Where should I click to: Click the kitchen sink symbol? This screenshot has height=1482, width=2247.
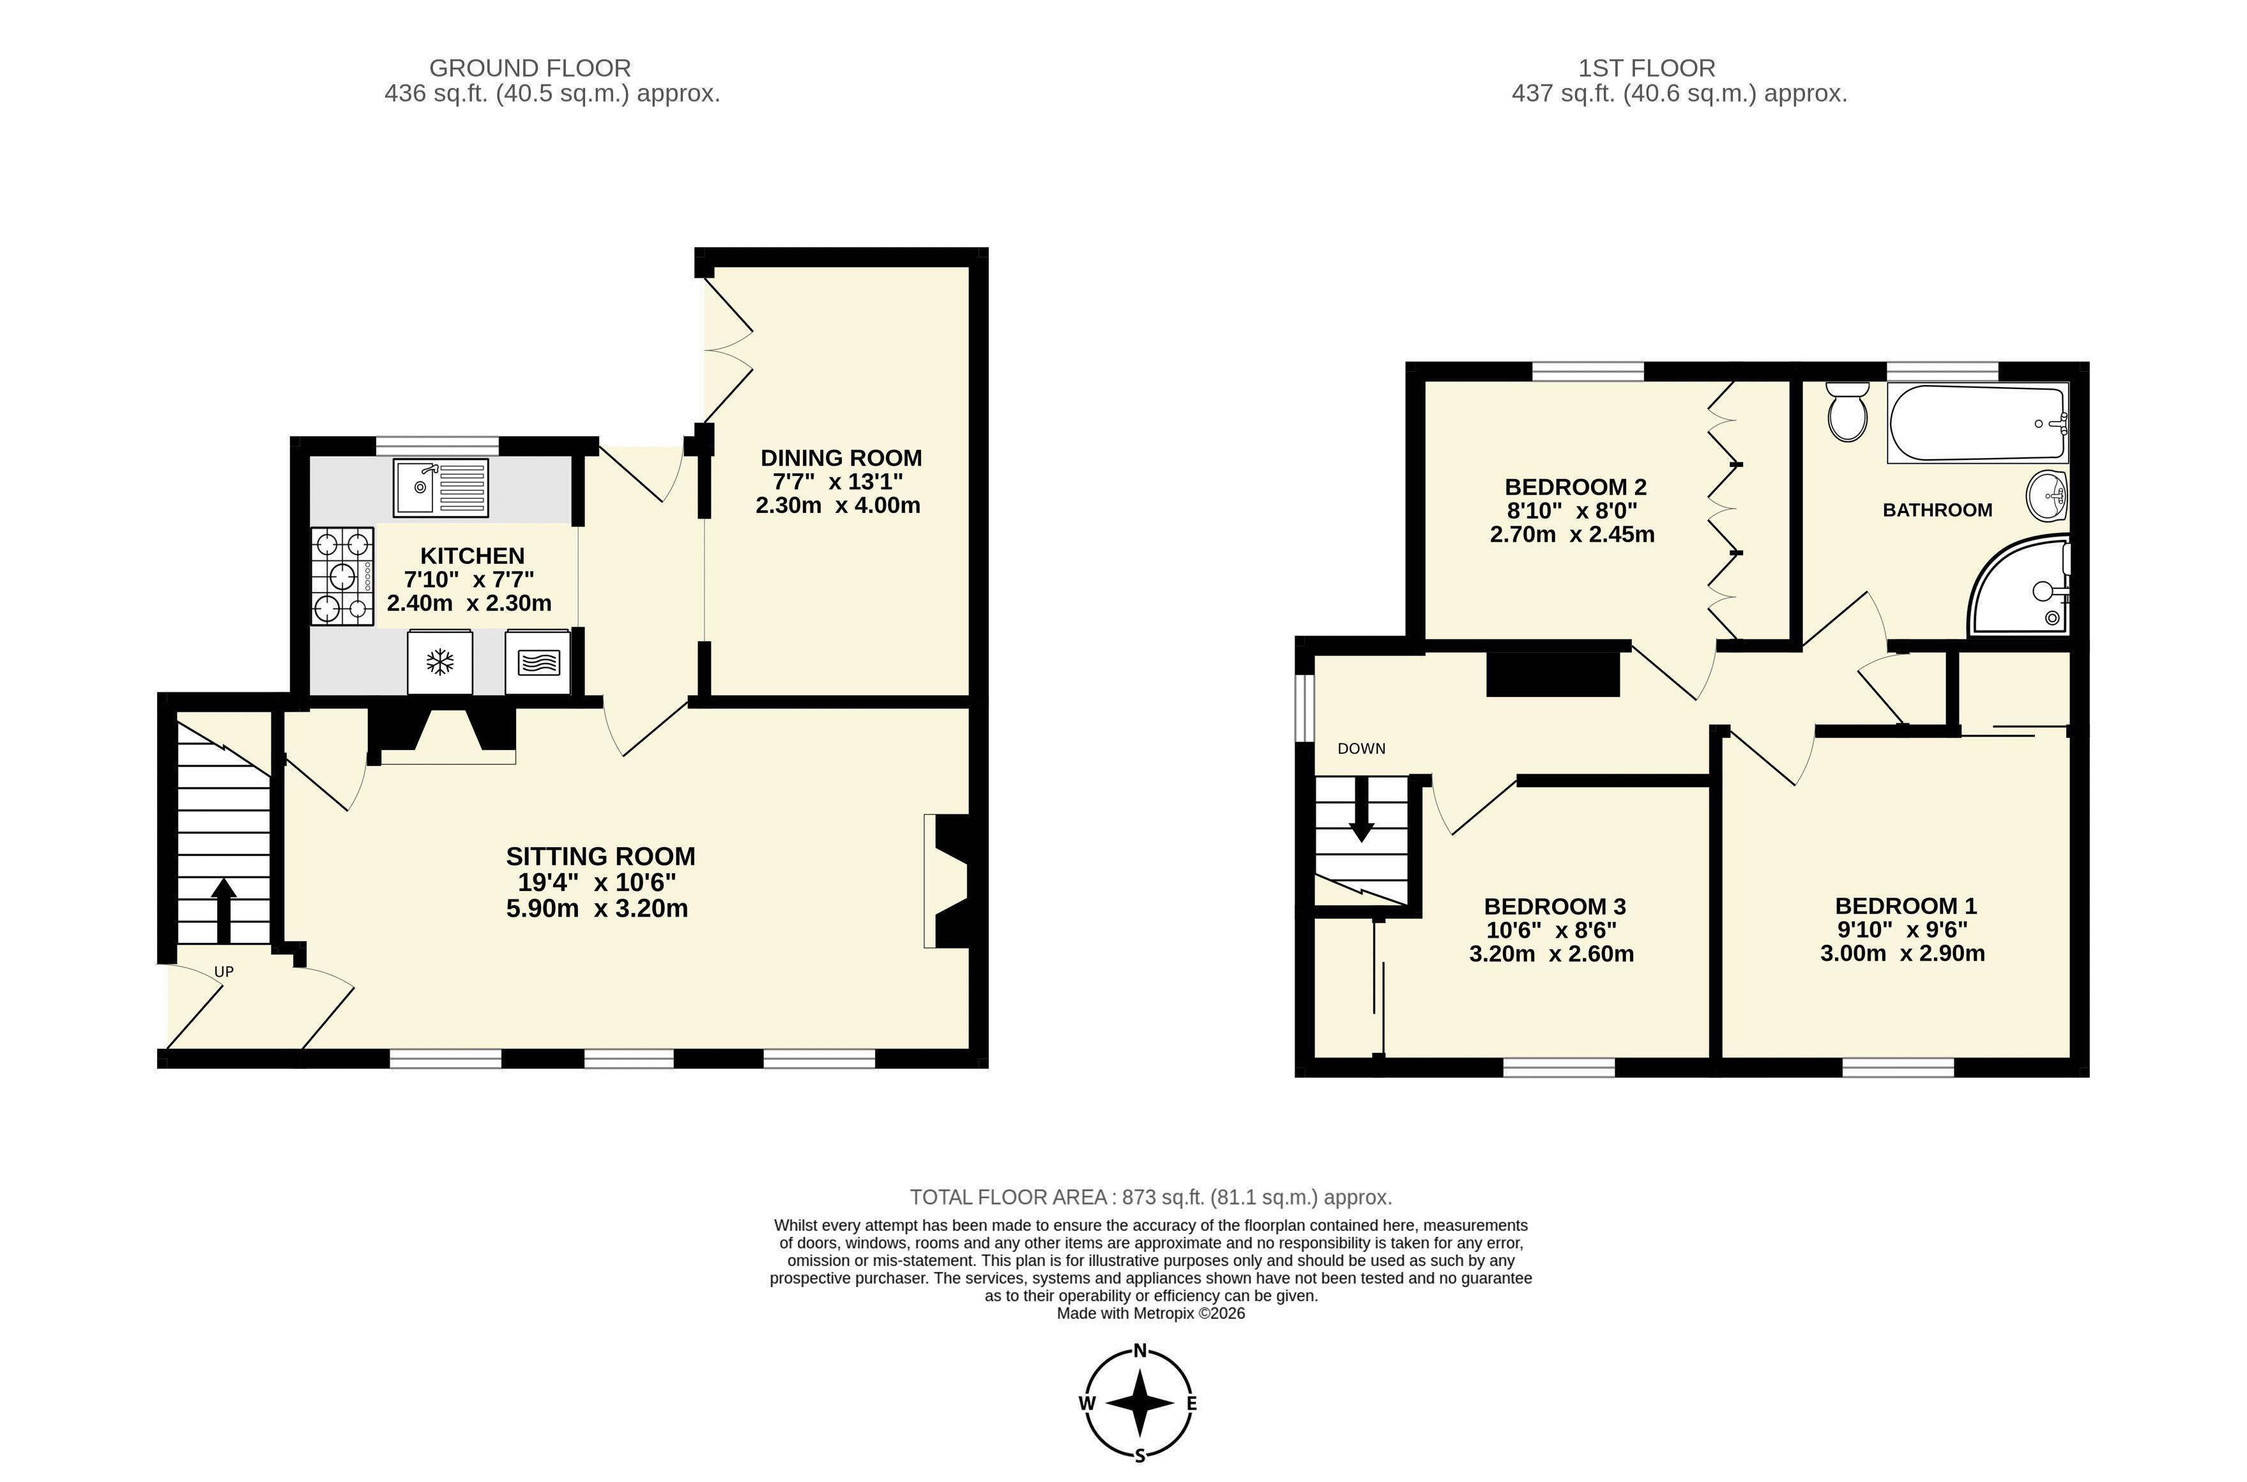pos(441,487)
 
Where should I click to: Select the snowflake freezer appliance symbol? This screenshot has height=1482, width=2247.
pos(439,662)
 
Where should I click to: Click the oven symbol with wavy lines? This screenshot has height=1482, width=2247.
pos(538,662)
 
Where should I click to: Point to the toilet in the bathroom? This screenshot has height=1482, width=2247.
pos(1847,411)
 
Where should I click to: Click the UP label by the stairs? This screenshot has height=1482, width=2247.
pos(224,971)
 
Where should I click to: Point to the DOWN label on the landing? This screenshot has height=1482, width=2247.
pos(1362,749)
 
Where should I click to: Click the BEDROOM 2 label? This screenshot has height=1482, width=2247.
pos(1575,487)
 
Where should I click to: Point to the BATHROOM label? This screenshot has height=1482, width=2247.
pos(1937,510)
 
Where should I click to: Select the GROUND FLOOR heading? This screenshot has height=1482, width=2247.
pos(530,68)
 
